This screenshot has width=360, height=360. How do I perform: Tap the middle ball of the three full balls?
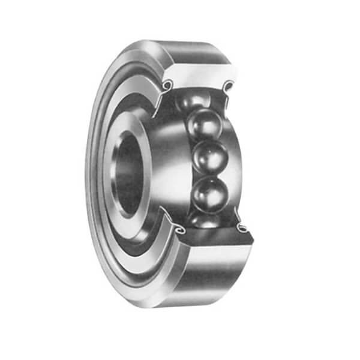tap(208, 158)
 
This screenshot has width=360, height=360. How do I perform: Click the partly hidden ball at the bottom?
tap(205, 220)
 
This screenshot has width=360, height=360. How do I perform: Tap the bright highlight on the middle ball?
tap(204, 153)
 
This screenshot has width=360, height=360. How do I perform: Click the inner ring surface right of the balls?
tap(235, 162)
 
